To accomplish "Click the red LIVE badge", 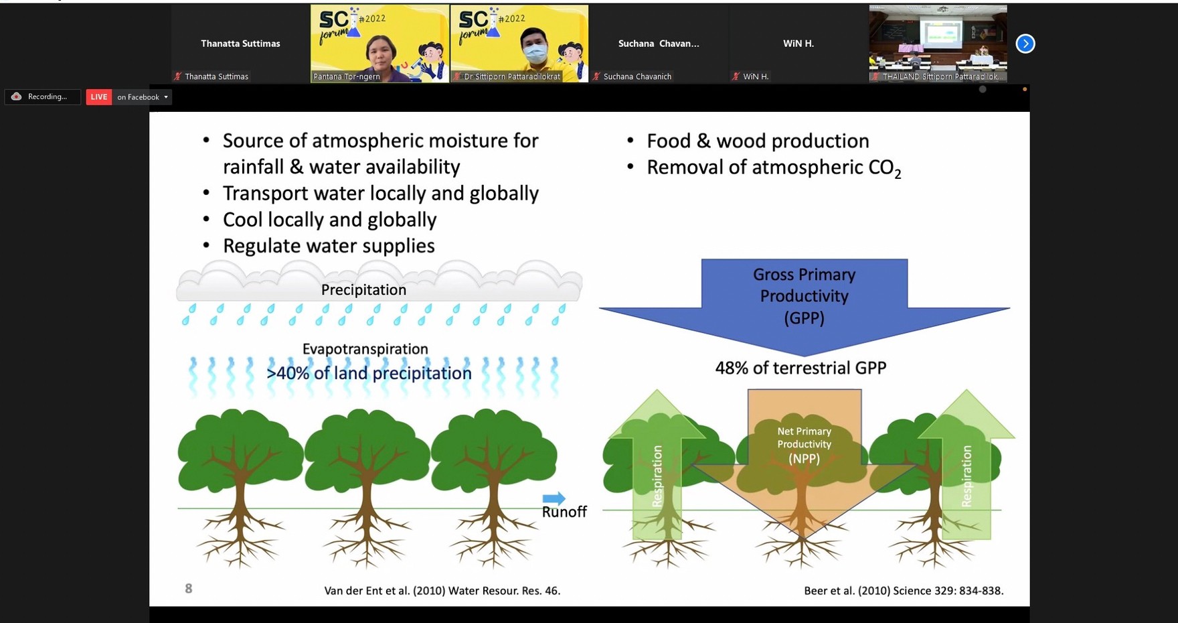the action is pyautogui.click(x=99, y=97).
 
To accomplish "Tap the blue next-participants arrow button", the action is pyautogui.click(x=1025, y=44).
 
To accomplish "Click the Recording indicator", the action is pyautogui.click(x=42, y=97).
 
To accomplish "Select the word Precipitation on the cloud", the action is pyautogui.click(x=363, y=290).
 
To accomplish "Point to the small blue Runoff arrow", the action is pyautogui.click(x=554, y=498).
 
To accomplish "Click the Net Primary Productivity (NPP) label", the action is pyautogui.click(x=804, y=445).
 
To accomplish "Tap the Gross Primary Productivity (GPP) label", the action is pyautogui.click(x=804, y=296).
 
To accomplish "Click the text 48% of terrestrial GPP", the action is pyautogui.click(x=801, y=368).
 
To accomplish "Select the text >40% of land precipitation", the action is pyautogui.click(x=369, y=373).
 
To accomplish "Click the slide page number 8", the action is pyautogui.click(x=189, y=589).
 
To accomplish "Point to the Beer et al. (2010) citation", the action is pyautogui.click(x=904, y=591).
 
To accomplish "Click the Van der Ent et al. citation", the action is pyautogui.click(x=442, y=591).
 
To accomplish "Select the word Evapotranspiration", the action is pyautogui.click(x=365, y=349).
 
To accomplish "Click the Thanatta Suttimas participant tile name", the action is pyautogui.click(x=240, y=44).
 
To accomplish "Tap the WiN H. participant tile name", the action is pyautogui.click(x=798, y=44).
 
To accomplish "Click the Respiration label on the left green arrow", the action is pyautogui.click(x=657, y=476).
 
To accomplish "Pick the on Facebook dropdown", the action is pyautogui.click(x=143, y=97).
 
